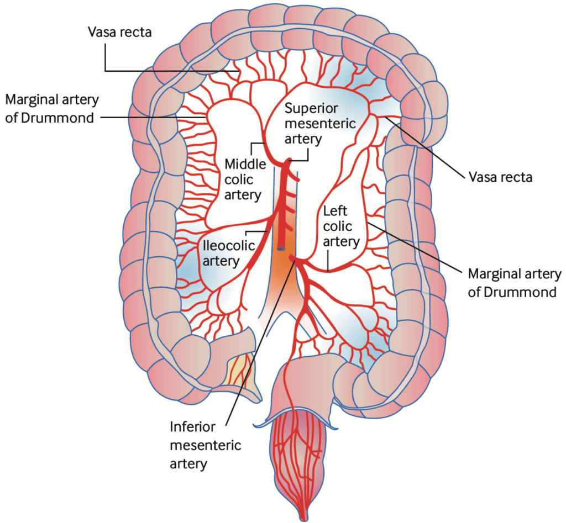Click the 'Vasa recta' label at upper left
tap(120, 32)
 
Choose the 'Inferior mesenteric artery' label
tap(205, 445)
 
